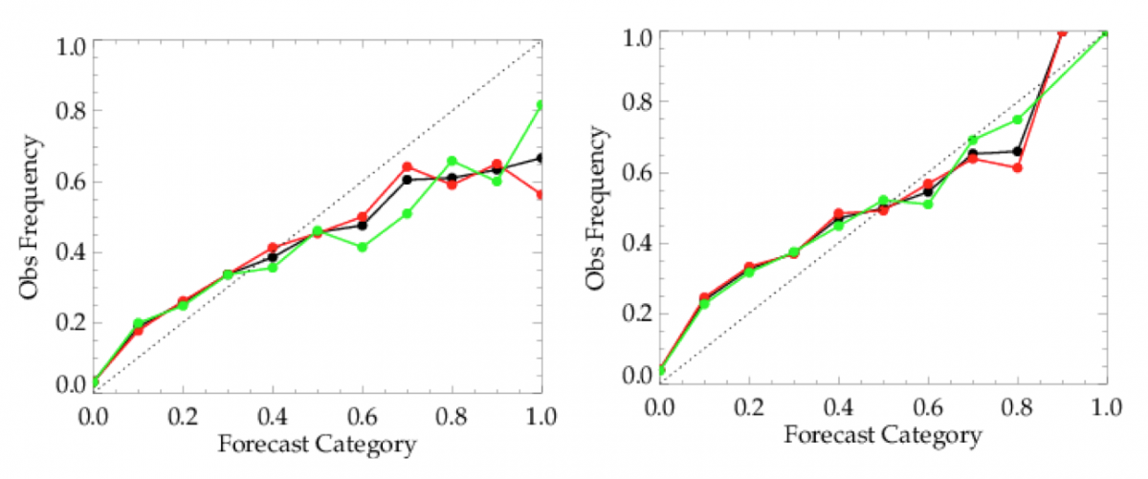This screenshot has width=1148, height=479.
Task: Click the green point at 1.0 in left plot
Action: coord(541,104)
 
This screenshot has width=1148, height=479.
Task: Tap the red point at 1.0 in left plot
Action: coord(541,194)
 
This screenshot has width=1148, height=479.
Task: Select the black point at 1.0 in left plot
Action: coord(541,158)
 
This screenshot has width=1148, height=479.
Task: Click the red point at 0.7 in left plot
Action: coord(407,167)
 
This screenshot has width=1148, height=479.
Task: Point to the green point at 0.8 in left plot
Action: coord(452,161)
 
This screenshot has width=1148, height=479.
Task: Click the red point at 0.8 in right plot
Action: coord(1017,167)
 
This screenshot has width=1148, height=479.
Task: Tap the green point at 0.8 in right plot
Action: coord(1017,120)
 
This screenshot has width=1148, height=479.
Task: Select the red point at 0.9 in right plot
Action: coord(1062,33)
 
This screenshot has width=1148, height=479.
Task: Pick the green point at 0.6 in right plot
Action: coord(928,204)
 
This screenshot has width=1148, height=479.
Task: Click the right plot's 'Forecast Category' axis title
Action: coord(882,436)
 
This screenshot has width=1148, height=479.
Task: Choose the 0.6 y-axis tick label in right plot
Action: coord(636,173)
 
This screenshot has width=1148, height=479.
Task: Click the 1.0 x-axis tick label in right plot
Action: coord(1106,406)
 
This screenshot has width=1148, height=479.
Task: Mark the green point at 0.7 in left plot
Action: coord(407,213)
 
